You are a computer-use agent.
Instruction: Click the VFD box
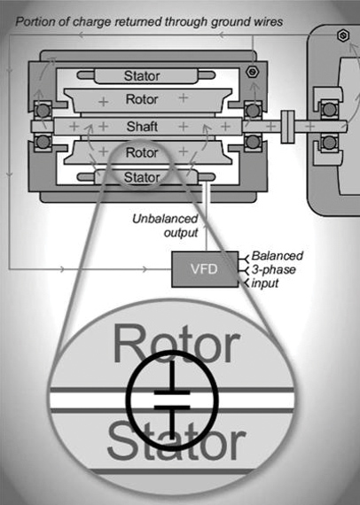205,269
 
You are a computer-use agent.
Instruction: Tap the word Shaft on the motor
142,127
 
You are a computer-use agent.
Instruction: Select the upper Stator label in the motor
142,76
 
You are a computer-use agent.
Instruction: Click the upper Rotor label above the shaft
142,99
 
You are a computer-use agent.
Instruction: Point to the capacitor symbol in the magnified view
172,400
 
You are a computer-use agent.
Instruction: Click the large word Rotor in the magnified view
176,344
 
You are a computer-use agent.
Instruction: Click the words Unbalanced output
165,225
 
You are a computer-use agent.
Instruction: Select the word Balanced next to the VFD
278,256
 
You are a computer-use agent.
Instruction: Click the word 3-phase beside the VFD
273,270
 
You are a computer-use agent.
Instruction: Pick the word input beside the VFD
264,284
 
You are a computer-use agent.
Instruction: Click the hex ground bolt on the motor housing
251,72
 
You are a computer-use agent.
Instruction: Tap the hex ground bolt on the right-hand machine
343,35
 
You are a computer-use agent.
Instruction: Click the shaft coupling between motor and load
287,127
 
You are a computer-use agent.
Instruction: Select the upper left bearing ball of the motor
43,111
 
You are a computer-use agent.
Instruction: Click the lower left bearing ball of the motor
43,141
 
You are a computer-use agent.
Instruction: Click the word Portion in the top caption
34,21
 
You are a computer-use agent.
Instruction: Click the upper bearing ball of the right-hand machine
329,110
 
